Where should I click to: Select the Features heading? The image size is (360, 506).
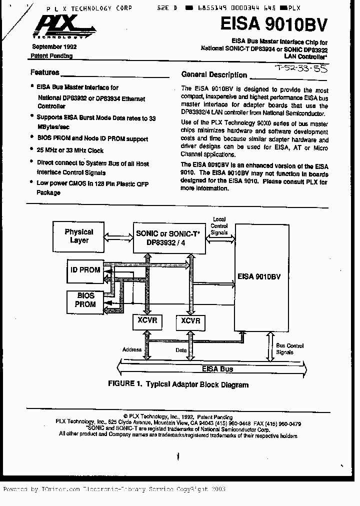44,72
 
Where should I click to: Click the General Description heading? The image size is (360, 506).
214,75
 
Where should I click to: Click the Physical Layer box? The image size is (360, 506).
79,236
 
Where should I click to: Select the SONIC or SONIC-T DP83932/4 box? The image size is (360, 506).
167,236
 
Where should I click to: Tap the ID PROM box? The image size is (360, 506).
85,270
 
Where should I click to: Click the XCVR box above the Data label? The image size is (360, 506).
190,321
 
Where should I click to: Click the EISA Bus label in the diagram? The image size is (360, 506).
217,369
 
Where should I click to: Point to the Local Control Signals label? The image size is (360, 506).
219,225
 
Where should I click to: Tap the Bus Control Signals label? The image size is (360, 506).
289,348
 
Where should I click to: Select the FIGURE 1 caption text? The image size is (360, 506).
178,384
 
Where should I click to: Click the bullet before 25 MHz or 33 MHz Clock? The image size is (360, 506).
32,150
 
